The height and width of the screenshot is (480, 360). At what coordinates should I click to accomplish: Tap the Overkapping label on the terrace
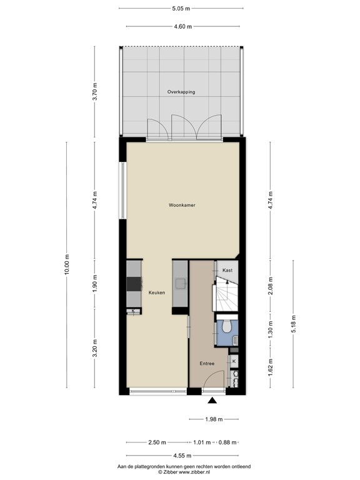point(181,92)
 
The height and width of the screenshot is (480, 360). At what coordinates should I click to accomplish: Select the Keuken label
point(157,292)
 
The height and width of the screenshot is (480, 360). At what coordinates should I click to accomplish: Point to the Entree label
point(207,363)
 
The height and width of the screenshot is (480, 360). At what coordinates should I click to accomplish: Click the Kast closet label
point(227,270)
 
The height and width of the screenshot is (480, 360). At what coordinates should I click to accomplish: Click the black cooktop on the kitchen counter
point(134,284)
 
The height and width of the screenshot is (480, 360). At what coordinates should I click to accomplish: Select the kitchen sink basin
point(181,284)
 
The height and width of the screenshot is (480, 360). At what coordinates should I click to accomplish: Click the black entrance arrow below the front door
point(212,402)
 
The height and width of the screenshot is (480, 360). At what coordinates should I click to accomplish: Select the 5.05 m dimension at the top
point(181,9)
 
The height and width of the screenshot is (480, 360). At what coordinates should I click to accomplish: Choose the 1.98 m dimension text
point(212,419)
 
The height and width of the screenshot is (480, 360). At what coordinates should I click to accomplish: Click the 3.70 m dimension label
point(94,92)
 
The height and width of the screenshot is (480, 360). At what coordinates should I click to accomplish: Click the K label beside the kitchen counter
point(133,311)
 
